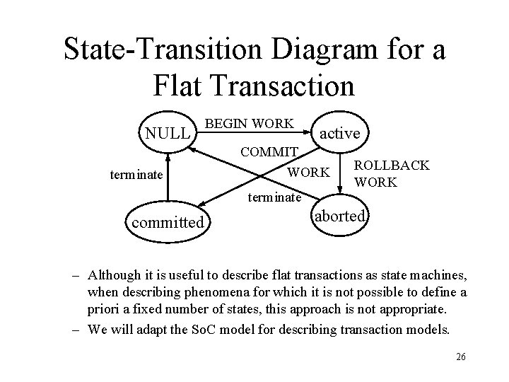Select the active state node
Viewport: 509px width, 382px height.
(x=340, y=133)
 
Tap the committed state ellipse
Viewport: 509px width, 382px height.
(x=167, y=223)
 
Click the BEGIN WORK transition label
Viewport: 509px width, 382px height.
(x=249, y=123)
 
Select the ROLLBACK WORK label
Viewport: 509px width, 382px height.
(x=391, y=173)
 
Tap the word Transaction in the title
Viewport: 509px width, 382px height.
(x=283, y=84)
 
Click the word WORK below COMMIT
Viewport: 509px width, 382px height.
(x=308, y=172)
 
